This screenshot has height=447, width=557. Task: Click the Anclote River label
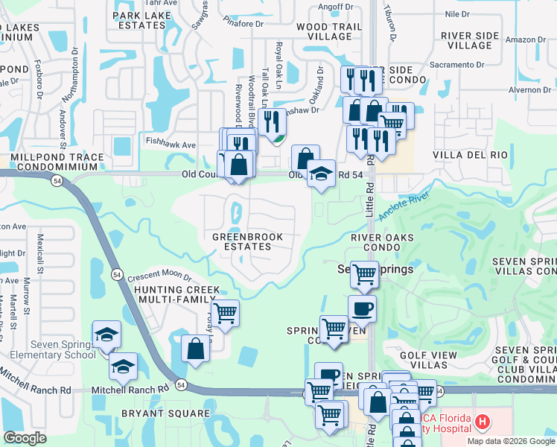(404, 206)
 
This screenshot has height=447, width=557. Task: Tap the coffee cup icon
(362, 308)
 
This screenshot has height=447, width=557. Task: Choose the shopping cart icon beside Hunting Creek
(224, 312)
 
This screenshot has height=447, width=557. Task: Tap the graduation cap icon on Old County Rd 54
(321, 173)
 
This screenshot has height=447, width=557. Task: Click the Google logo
(25, 438)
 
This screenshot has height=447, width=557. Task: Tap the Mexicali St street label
(39, 253)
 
